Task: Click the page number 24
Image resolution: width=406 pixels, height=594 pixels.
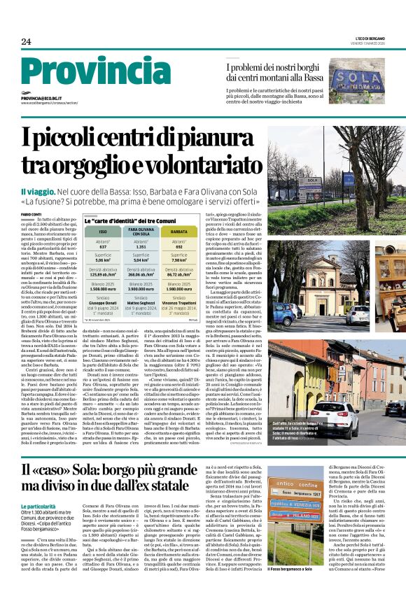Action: click(26, 42)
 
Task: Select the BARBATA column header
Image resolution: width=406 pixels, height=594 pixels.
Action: click(178, 230)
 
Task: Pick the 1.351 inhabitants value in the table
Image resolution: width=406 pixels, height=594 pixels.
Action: click(141, 246)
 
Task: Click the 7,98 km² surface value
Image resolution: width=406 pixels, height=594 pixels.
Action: click(178, 261)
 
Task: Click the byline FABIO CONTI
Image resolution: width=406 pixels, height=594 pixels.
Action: click(30, 214)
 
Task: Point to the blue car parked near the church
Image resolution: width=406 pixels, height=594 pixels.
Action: click(283, 313)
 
